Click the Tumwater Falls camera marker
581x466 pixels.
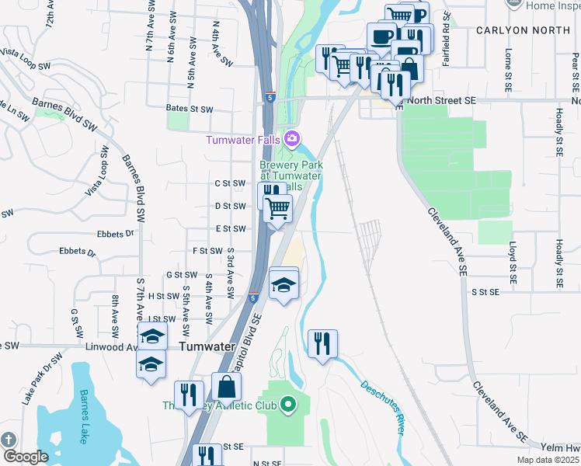292,140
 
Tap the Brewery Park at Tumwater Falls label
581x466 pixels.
290,176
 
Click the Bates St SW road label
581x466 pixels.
190,110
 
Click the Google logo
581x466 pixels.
25,457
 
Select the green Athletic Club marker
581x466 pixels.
288,405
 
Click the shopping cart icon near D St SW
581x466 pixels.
278,208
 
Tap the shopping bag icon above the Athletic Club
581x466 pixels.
226,386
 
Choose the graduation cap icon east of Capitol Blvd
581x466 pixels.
284,284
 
